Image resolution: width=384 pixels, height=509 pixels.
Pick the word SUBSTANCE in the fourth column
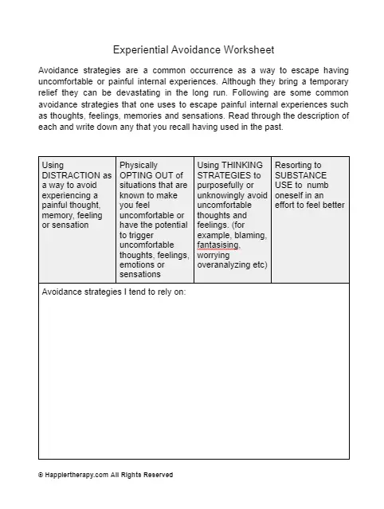[x=303, y=175]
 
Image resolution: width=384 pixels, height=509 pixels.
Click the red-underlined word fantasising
[x=217, y=245]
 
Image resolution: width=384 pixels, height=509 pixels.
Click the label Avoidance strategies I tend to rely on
[x=112, y=292]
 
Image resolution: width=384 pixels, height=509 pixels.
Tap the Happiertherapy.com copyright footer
[x=105, y=475]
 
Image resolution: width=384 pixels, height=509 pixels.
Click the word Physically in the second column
[x=139, y=165]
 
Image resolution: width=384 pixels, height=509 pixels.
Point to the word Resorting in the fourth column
[x=293, y=165]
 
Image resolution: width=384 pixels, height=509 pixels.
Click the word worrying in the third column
[x=213, y=255]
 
